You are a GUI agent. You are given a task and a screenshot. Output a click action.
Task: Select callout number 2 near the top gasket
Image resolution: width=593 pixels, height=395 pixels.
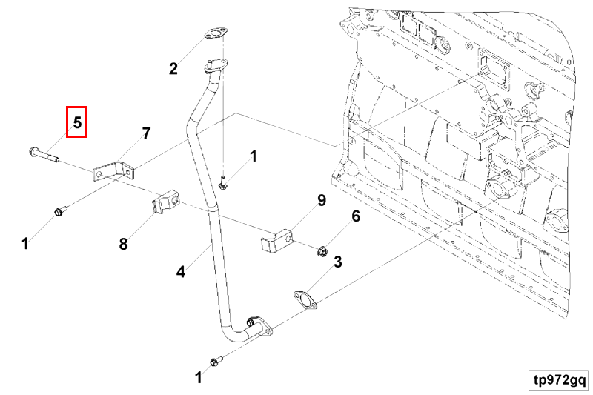(x=173, y=70)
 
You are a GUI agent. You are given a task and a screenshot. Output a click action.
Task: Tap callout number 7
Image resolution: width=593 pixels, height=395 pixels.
(x=146, y=133)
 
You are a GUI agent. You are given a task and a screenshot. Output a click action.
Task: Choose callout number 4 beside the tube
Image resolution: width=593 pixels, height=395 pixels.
(x=180, y=272)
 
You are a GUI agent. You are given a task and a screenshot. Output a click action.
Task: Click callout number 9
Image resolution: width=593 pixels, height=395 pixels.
(x=321, y=200)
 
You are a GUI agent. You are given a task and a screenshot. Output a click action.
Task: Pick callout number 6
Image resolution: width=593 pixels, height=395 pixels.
(x=355, y=216)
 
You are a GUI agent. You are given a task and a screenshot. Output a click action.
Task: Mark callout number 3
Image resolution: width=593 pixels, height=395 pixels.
(x=337, y=262)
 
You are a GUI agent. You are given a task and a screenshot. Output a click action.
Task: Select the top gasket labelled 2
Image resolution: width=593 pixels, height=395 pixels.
(x=215, y=35)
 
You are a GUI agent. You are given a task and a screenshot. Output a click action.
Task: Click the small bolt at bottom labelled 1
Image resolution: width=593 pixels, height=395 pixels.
(x=216, y=362)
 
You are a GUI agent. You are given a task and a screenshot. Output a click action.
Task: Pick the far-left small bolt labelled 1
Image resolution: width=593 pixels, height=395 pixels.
(x=59, y=213)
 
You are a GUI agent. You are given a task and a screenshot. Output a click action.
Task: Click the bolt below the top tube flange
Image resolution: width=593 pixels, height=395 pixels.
(x=223, y=179)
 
